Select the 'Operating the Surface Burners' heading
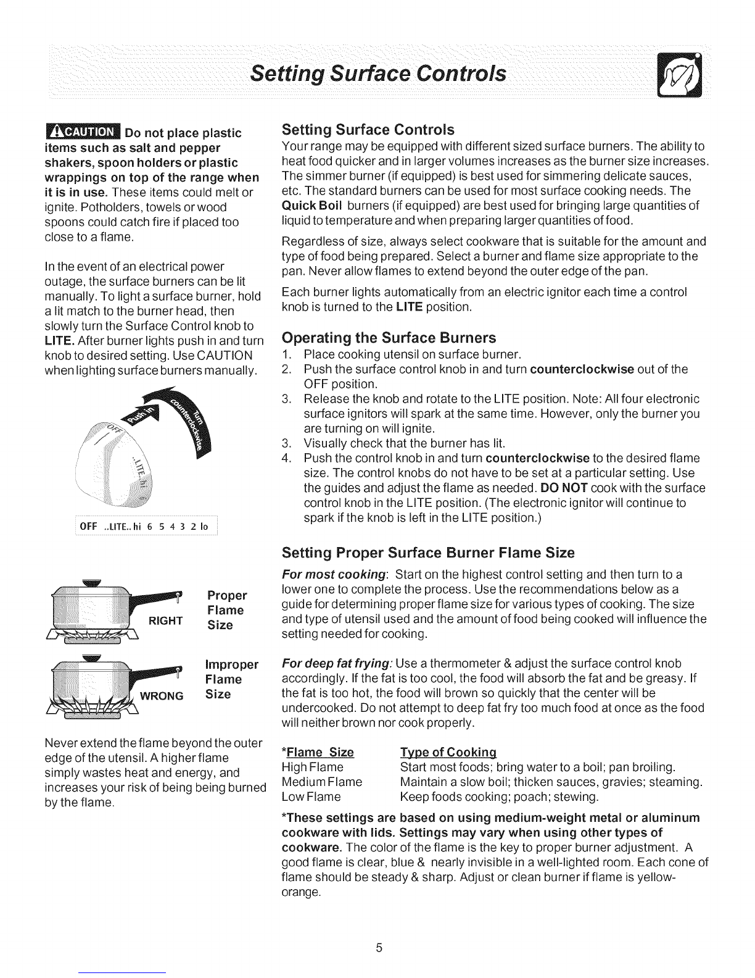(389, 338)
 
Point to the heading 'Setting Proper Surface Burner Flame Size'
(428, 552)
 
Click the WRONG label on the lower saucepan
(163, 696)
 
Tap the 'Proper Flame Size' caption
(226, 610)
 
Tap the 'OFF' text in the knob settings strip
(84, 526)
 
